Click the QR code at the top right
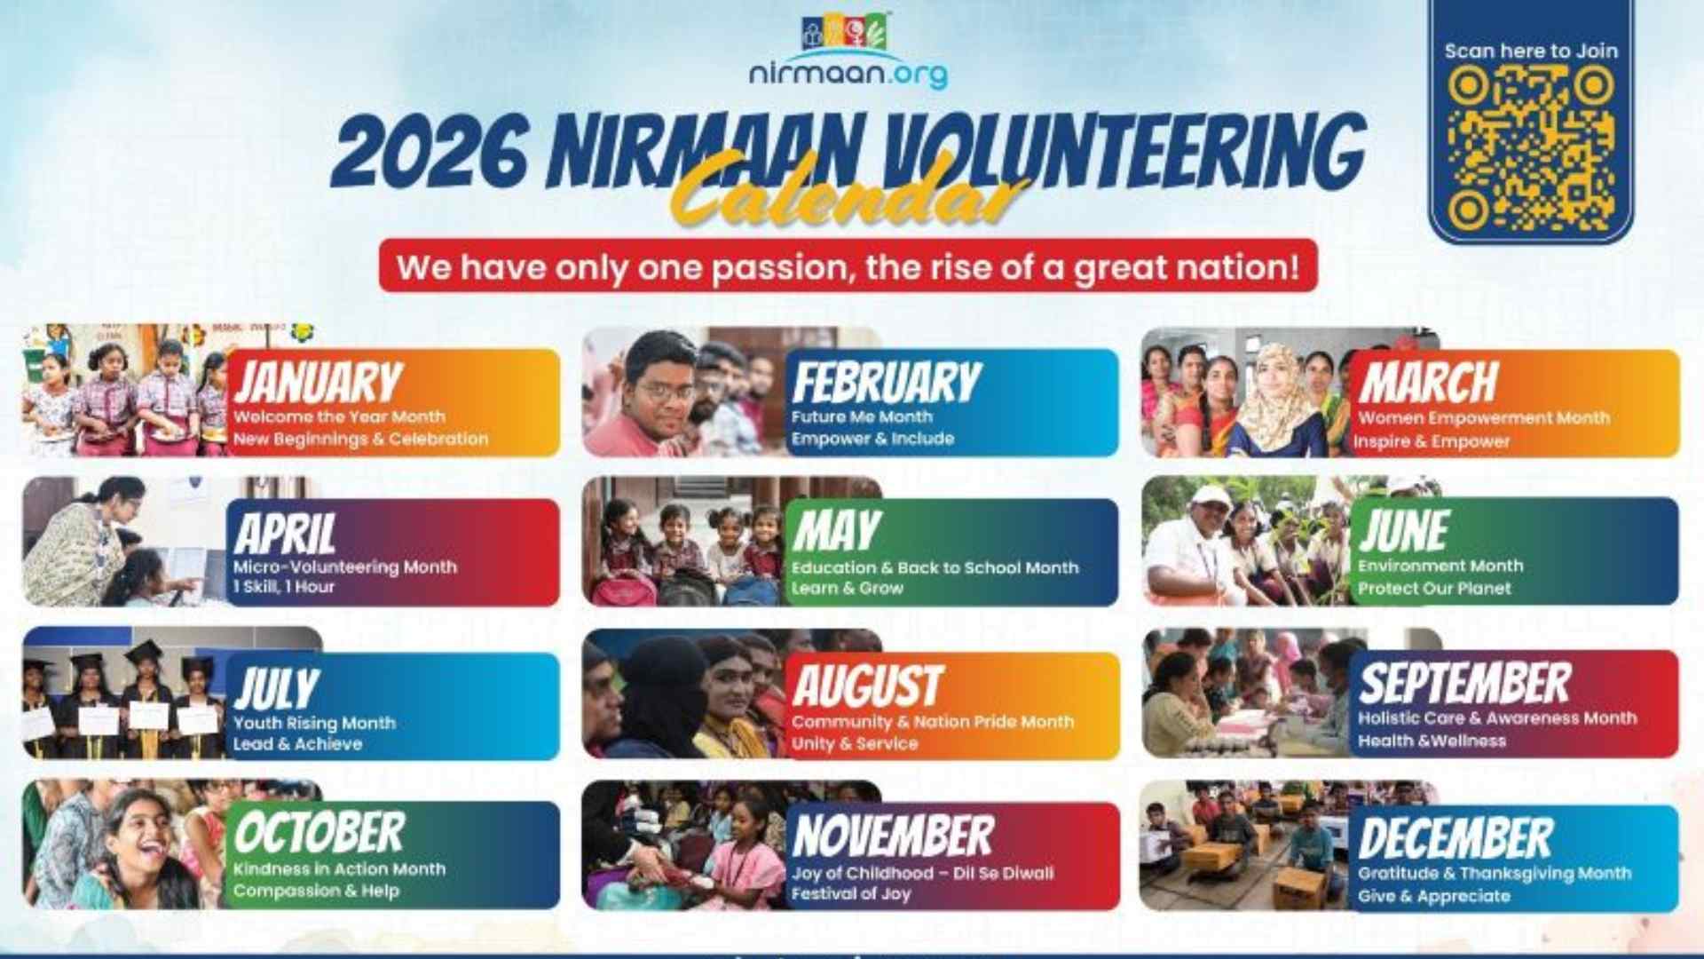point(1530,148)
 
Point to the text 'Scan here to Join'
point(1531,51)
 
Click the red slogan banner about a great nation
point(848,266)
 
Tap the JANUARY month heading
point(318,382)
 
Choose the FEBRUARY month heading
point(887,383)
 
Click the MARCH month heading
point(1428,383)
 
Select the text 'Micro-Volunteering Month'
point(345,567)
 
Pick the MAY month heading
point(836,531)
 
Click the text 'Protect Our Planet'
point(1434,588)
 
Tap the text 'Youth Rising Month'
point(314,723)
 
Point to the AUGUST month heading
point(867,686)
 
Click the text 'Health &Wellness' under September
point(1432,741)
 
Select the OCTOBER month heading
point(319,833)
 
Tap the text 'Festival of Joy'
point(851,893)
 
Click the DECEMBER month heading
point(1455,838)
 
